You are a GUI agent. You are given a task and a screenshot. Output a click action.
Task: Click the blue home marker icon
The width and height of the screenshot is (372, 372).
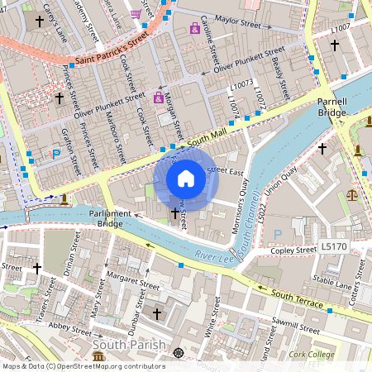pos(186,179)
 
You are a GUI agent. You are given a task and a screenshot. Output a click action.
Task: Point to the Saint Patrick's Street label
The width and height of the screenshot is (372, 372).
pos(111,49)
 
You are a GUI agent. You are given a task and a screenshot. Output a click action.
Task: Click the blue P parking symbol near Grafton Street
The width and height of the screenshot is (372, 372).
pos(56,154)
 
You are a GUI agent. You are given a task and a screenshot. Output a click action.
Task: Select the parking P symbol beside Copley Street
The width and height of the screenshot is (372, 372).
pos(277,235)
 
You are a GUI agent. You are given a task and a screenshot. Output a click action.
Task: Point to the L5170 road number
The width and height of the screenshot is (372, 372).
pos(335,246)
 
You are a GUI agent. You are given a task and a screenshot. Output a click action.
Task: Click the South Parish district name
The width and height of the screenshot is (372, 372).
pos(130,344)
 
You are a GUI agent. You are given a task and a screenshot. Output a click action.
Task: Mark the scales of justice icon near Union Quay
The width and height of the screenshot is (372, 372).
pos(353,195)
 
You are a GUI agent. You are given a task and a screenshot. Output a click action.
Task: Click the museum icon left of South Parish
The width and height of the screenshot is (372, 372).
pos(98,356)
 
